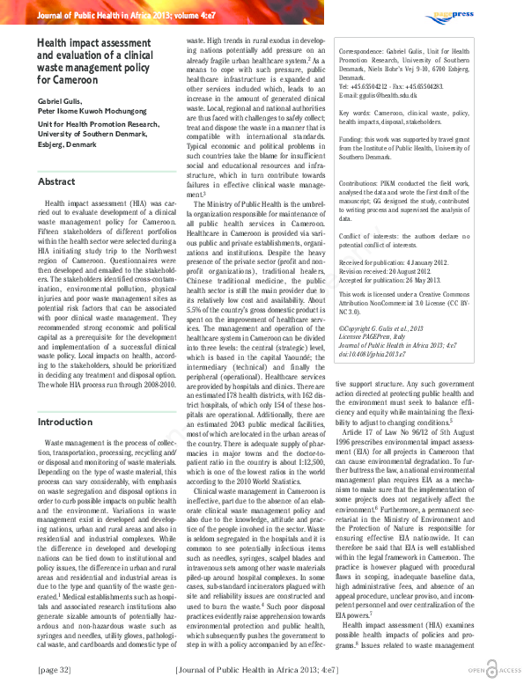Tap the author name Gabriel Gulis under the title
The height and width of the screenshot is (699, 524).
tap(62, 102)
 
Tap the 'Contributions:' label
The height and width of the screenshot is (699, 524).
tap(363, 183)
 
